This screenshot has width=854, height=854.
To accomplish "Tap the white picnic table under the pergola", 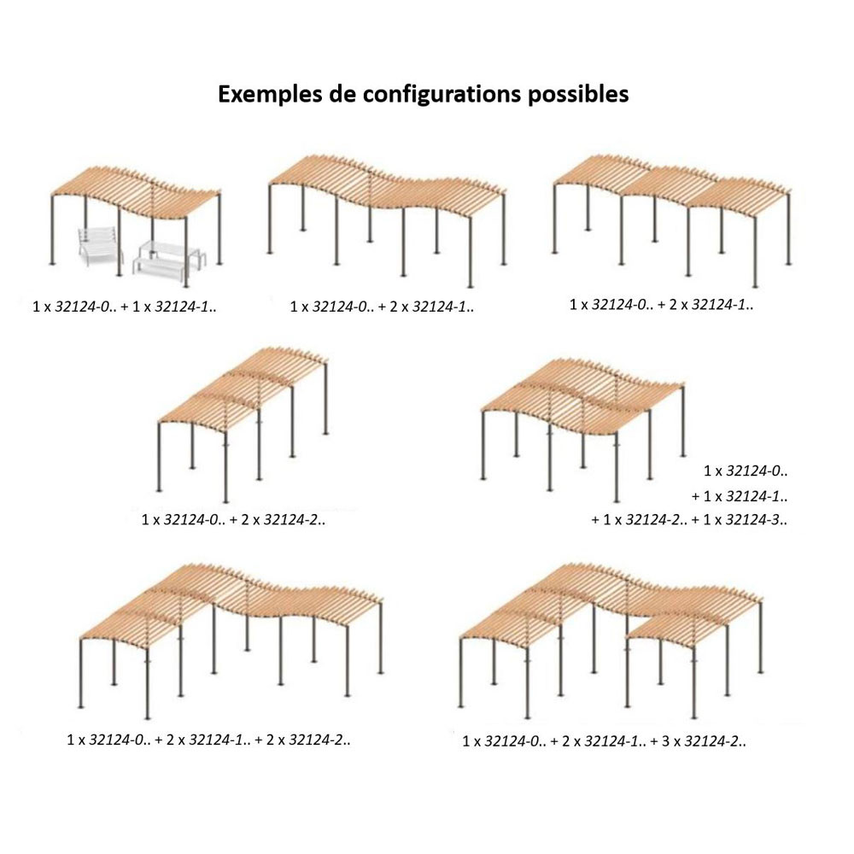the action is tap(169, 261).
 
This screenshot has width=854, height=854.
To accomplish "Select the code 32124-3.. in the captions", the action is tap(757, 519).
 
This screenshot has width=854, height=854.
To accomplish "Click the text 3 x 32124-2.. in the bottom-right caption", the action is tap(704, 741).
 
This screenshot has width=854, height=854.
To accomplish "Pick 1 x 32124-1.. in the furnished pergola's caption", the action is tap(174, 307).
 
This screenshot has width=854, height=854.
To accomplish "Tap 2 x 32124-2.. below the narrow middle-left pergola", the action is tap(284, 519).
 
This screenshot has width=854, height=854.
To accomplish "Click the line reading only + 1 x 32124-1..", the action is tap(740, 496).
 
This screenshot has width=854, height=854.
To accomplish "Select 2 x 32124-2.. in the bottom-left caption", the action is tap(308, 740).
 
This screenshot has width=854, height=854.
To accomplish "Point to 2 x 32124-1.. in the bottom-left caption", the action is tap(208, 740).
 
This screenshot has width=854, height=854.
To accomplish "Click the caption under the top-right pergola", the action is tap(661, 305).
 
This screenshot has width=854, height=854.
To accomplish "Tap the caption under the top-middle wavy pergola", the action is tap(382, 307).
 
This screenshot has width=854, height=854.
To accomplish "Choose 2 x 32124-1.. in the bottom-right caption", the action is tap(604, 741).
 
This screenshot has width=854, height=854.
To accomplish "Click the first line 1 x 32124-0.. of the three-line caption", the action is tap(746, 471).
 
